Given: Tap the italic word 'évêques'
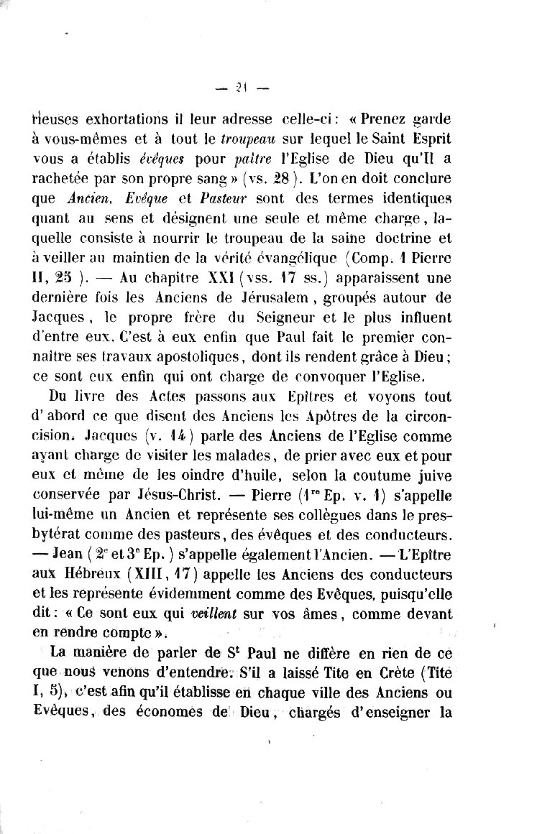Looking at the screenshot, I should pos(158,157).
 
